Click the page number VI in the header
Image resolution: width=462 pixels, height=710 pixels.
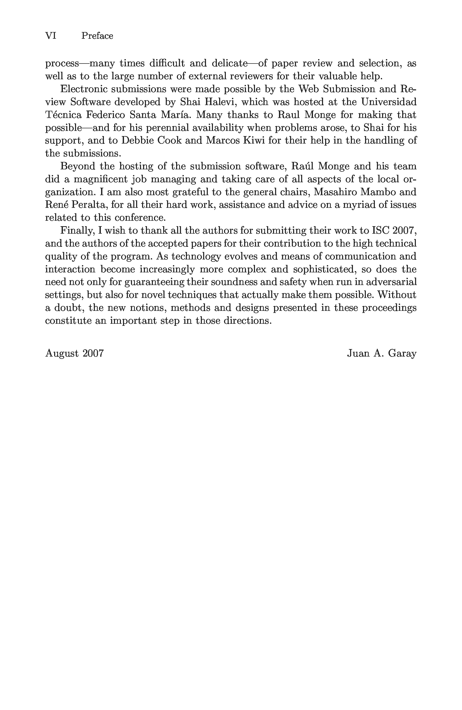coord(50,36)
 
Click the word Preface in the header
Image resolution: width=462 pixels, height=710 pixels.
coord(97,36)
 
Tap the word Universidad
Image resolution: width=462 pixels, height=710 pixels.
coord(389,102)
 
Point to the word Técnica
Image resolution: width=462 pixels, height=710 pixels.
coord(63,115)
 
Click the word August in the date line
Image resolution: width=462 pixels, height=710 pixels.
coord(62,353)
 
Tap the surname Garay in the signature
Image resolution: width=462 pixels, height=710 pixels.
coord(402,353)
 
